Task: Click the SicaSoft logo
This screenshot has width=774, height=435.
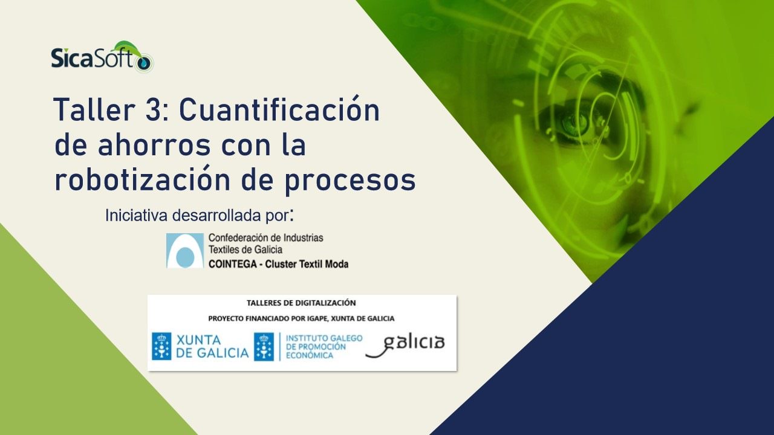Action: click(x=102, y=57)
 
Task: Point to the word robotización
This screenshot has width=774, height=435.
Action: click(x=142, y=179)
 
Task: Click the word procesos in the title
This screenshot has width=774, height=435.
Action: click(x=350, y=182)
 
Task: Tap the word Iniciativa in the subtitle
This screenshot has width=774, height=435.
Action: click(x=137, y=216)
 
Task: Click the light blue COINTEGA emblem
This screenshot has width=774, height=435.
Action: click(x=185, y=250)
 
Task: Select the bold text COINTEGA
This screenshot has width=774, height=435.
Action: click(x=233, y=265)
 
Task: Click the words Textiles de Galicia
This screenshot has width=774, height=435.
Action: click(x=246, y=250)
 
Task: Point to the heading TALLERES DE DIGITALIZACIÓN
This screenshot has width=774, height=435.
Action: click(x=301, y=303)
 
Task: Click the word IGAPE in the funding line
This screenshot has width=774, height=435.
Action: click(x=318, y=318)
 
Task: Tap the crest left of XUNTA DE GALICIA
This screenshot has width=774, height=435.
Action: click(x=161, y=346)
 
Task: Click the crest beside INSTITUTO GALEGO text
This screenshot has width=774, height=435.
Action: click(x=264, y=347)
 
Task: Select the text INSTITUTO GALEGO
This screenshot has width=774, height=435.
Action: click(x=324, y=338)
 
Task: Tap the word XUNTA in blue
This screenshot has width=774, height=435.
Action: click(x=199, y=340)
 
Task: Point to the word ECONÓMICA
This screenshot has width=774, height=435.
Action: click(x=310, y=356)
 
